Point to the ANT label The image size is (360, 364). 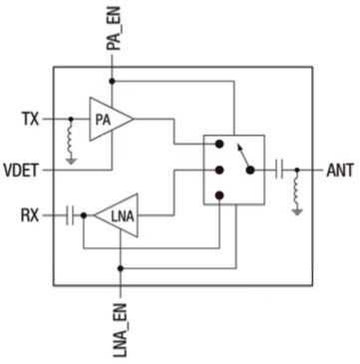pyautogui.click(x=339, y=169)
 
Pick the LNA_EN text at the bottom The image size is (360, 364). pyautogui.click(x=120, y=327)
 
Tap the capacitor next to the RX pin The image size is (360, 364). pyautogui.click(x=71, y=214)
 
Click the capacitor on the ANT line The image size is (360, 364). pyautogui.click(x=282, y=169)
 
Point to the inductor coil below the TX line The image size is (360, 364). pyautogui.click(x=71, y=136)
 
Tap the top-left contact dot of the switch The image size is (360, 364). pyautogui.click(x=219, y=146)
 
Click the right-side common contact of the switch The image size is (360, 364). pyautogui.click(x=250, y=169)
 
